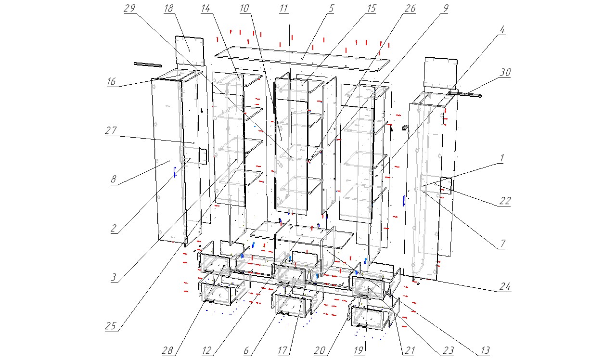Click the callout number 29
130,9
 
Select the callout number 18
168,9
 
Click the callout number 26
410,9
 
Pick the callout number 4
502,29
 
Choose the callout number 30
505,73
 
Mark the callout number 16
111,82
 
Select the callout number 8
114,180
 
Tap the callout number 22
504,201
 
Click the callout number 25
111,326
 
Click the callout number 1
501,158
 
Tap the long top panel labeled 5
303,58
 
